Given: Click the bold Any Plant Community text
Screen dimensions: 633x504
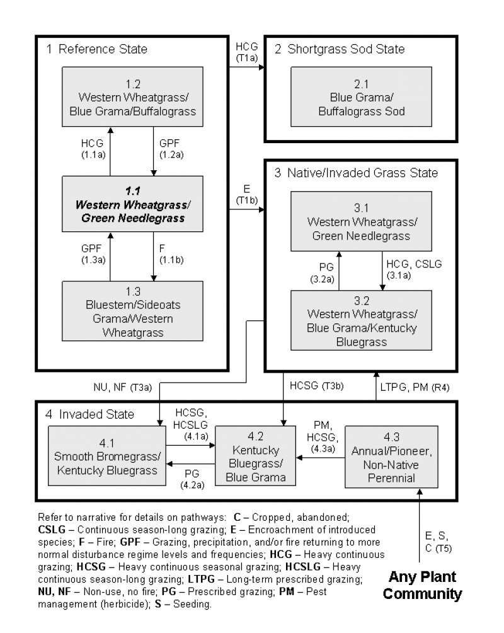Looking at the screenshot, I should pyautogui.click(x=422, y=585).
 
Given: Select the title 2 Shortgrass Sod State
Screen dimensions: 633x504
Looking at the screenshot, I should pyautogui.click(x=339, y=49).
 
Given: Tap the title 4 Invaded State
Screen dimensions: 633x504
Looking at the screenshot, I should pyautogui.click(x=90, y=414).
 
